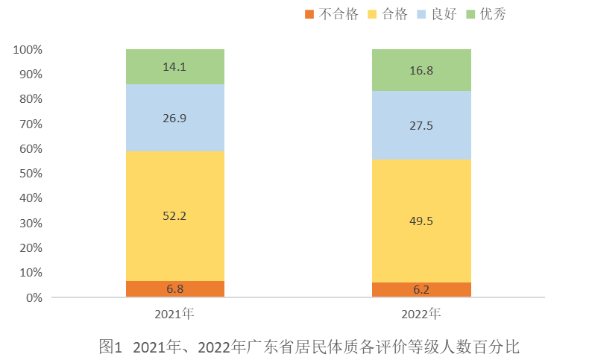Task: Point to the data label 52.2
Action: pyautogui.click(x=174, y=216)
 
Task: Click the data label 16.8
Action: pyautogui.click(x=421, y=71)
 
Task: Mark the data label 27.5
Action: pyautogui.click(x=421, y=126)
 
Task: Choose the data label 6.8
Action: pyautogui.click(x=174, y=288)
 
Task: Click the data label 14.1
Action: pyautogui.click(x=174, y=66)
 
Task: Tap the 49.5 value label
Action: pyautogui.click(x=421, y=221)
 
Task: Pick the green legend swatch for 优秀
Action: pyautogui.click(x=470, y=14)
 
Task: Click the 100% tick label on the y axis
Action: pyautogui.click(x=28, y=50)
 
